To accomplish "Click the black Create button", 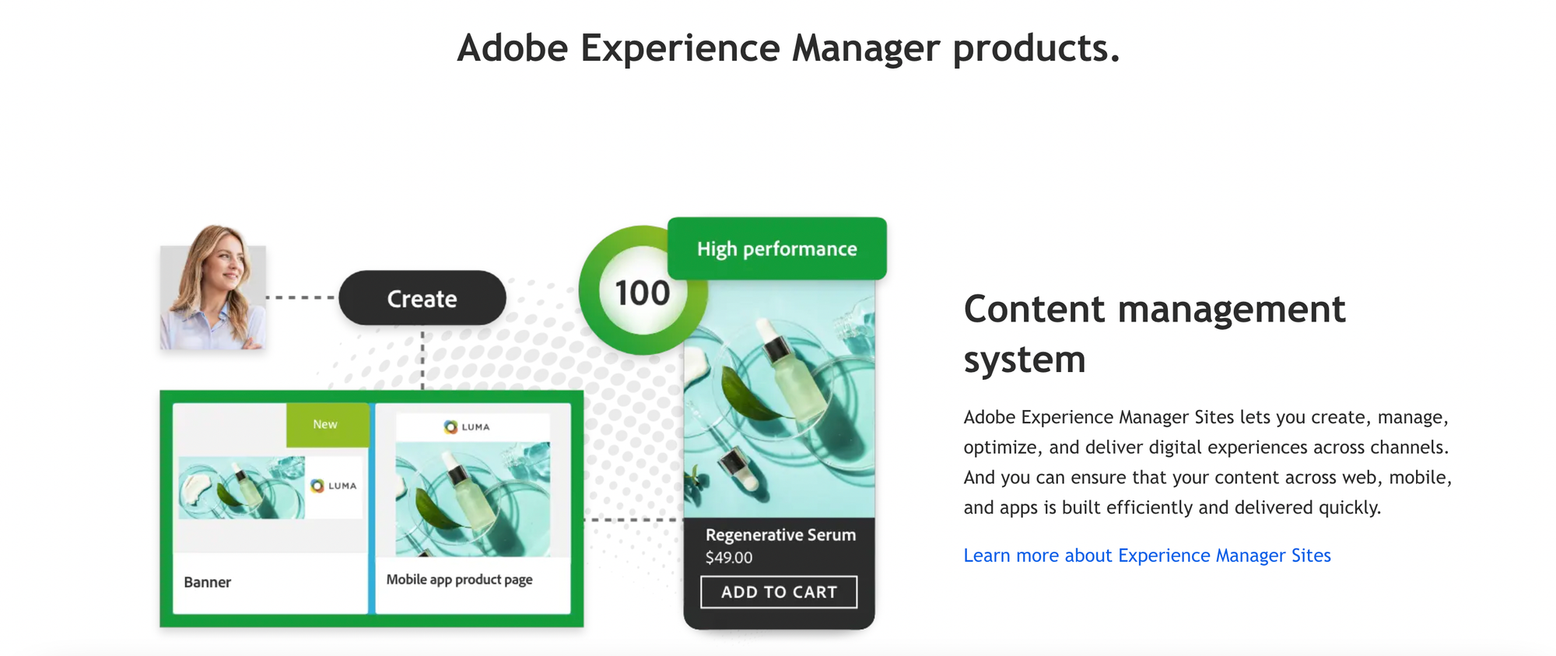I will pyautogui.click(x=422, y=298).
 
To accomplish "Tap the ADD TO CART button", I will pyautogui.click(x=779, y=592).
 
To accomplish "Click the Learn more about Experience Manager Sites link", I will pyautogui.click(x=1147, y=556).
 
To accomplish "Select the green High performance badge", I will pyautogui.click(x=776, y=249).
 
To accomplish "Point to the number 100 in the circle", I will pyautogui.click(x=642, y=293).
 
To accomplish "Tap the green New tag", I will pyautogui.click(x=326, y=425).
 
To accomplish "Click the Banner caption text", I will pyautogui.click(x=207, y=582).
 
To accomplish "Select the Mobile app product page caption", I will pyautogui.click(x=459, y=580).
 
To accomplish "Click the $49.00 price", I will pyautogui.click(x=729, y=558).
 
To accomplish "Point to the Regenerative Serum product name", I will pyautogui.click(x=780, y=535).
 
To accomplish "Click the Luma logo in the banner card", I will pyautogui.click(x=334, y=486).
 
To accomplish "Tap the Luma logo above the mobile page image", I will pyautogui.click(x=467, y=427).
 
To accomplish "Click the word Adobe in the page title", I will pyautogui.click(x=513, y=48).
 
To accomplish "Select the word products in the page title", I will pyautogui.click(x=1036, y=48).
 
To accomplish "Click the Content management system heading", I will pyautogui.click(x=1154, y=334).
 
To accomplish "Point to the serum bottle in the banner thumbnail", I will pyautogui.click(x=249, y=487).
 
